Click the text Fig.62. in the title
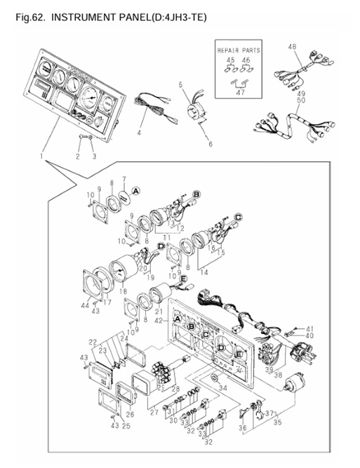(x=29, y=15)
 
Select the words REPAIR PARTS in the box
(x=238, y=51)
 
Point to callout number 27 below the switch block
(x=154, y=415)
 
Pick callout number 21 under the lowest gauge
(x=159, y=311)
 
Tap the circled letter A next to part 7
(x=136, y=190)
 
